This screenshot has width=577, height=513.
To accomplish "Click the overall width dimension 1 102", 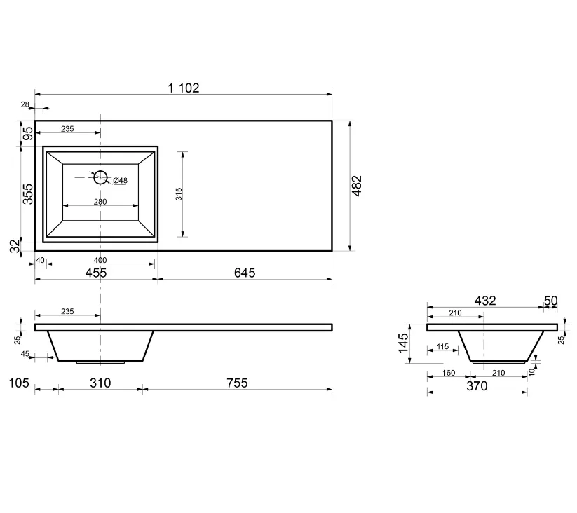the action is click(x=183, y=88).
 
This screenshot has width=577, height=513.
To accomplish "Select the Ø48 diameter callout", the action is click(x=121, y=180).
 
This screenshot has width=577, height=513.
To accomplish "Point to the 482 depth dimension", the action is click(x=357, y=186).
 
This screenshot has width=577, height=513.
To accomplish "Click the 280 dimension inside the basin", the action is click(x=100, y=202).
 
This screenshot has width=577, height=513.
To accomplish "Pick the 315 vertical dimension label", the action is click(x=179, y=194).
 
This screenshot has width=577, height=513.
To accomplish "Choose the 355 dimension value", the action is click(x=27, y=194).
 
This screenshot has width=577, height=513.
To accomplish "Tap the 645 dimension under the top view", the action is click(x=245, y=273).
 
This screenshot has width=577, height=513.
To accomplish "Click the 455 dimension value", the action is click(x=95, y=273).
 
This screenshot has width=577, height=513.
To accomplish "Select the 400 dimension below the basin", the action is click(x=100, y=260).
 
